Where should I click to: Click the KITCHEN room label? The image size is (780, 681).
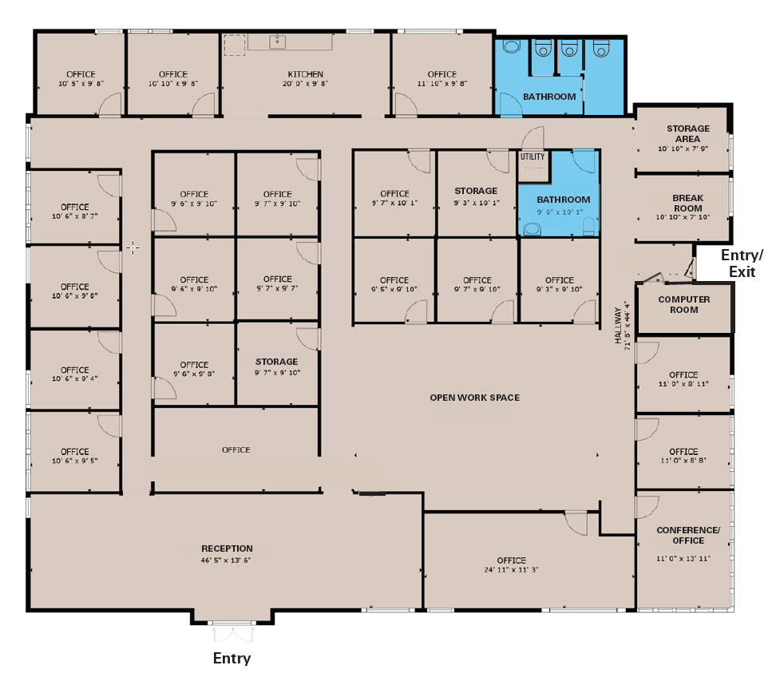coord(306,74)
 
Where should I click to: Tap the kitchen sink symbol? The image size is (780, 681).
coord(278,42)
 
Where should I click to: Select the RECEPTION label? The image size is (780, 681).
coord(227,548)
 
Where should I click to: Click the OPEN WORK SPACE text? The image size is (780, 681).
coord(474,398)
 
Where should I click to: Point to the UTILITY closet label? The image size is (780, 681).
coord(533,156)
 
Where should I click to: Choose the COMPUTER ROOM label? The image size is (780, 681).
coord(684,304)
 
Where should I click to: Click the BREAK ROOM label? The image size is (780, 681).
coord(687,203)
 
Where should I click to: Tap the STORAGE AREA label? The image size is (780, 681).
coord(688,133)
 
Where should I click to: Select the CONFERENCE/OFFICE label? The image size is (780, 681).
coord(688,535)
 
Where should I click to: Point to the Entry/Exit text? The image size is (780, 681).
coord(742,263)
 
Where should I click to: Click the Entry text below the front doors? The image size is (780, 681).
coord(232,658)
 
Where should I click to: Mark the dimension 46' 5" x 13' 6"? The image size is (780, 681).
coord(226,560)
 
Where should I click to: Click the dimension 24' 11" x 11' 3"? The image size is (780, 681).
coord(512,569)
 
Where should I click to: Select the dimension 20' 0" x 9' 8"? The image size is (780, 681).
coord(306,84)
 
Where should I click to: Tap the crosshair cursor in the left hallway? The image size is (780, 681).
coord(133,247)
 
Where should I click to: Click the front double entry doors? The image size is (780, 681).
coord(232,632)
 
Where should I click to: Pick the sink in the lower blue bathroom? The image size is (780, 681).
coord(533,229)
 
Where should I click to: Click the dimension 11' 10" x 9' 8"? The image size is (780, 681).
coord(442,84)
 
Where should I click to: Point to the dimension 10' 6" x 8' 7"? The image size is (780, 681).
coord(74,216)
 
